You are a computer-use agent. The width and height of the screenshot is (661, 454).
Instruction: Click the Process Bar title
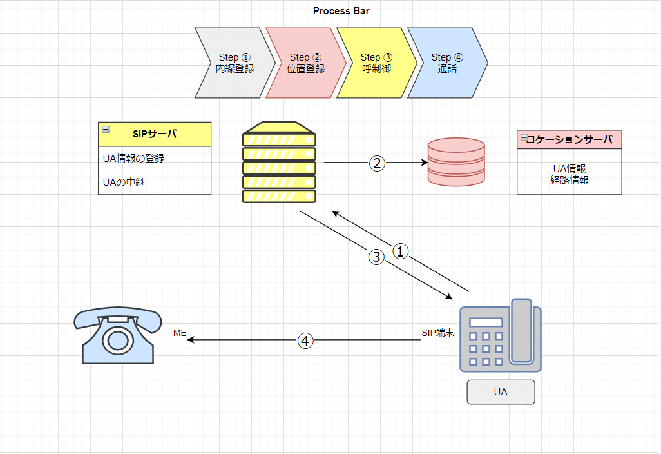click(x=341, y=11)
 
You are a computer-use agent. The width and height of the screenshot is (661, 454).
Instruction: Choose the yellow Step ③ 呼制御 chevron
click(x=376, y=63)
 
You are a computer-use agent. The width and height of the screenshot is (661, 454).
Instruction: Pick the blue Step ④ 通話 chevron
click(x=446, y=63)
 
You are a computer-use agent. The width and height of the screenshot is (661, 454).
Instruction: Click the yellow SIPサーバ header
click(x=155, y=134)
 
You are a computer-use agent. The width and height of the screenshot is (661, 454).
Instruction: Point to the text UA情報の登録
click(x=134, y=158)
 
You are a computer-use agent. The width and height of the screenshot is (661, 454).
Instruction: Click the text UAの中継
click(x=124, y=182)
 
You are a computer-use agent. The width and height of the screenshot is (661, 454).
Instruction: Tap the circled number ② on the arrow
click(x=377, y=163)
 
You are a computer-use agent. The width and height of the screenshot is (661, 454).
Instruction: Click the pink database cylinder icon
click(x=456, y=163)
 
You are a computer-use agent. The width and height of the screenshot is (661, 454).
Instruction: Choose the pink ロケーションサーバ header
click(x=570, y=139)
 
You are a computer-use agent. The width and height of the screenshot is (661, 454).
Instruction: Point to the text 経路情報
click(x=570, y=180)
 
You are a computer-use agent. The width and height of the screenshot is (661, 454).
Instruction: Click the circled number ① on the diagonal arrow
click(x=401, y=252)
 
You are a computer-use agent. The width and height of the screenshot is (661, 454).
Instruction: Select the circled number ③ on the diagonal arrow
click(x=377, y=257)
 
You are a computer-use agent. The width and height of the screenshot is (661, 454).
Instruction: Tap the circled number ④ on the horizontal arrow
click(x=305, y=340)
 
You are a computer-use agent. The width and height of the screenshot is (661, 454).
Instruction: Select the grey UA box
click(x=501, y=392)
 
